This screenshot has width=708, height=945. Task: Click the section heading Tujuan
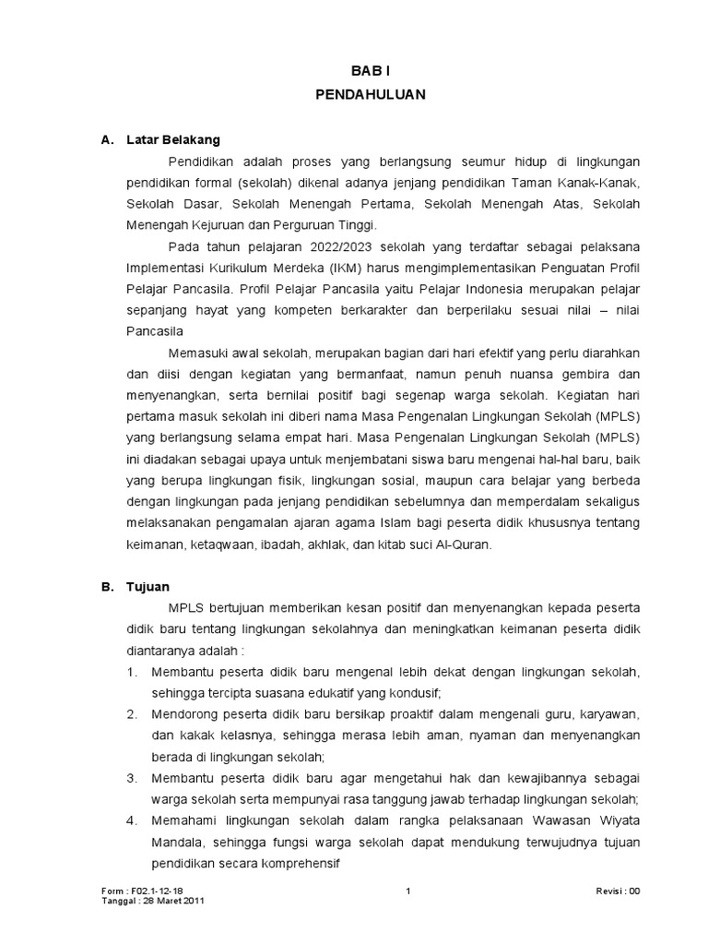click(148, 586)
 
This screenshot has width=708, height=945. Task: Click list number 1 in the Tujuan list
click(132, 671)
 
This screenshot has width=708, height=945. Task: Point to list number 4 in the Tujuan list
click(132, 821)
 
